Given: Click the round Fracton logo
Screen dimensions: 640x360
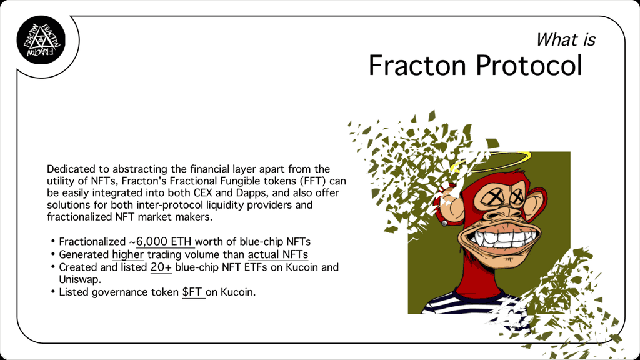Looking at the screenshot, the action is (41, 40).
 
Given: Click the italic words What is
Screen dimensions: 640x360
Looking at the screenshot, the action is (565, 40).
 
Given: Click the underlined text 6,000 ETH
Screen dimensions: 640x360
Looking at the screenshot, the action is (164, 242).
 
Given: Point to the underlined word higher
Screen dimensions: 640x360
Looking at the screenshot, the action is (127, 255).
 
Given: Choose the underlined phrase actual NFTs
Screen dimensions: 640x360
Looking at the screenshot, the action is (278, 255).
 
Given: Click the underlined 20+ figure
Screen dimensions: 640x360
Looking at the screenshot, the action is (161, 267).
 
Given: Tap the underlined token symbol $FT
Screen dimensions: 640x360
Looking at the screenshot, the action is (192, 292).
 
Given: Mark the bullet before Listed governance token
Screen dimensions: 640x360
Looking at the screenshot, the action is (53, 292).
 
